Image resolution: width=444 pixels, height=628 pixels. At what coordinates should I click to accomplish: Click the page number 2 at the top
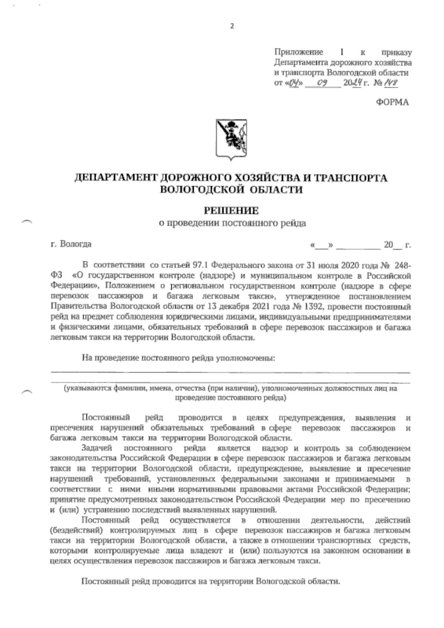point(232,26)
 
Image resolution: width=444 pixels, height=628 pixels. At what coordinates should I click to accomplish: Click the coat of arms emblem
point(232,140)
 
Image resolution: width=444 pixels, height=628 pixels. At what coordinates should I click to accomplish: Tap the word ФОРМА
point(393,103)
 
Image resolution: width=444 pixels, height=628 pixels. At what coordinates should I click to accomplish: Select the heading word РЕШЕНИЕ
point(232,211)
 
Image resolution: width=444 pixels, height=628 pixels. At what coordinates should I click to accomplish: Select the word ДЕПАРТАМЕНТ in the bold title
point(116,178)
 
